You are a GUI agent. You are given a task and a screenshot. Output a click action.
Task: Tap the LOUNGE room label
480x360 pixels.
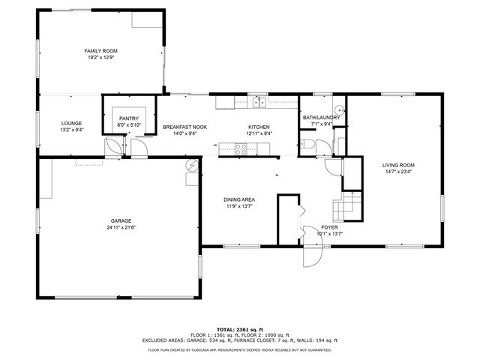coord(72,123)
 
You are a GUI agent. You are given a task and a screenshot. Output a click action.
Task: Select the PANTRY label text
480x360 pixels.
coord(129,118)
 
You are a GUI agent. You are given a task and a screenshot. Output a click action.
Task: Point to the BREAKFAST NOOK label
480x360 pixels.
coord(184,127)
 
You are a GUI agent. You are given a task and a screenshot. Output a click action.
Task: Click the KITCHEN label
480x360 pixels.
coord(259,127)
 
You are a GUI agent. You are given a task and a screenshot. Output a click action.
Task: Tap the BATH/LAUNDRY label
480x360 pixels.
coord(322,117)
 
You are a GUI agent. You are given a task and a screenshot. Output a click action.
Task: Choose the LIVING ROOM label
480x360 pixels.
coord(398,165)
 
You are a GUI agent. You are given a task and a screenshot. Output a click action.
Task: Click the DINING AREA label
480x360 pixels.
coord(239,199)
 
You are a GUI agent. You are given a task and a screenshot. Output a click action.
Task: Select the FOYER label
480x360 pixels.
coord(330,226)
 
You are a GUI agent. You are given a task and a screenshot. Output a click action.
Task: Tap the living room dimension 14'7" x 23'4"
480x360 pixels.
coord(398,172)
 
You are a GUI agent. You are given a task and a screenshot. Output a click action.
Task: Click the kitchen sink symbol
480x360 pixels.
coord(258,102)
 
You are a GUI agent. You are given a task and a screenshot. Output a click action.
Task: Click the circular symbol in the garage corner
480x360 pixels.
coord(193,166)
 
